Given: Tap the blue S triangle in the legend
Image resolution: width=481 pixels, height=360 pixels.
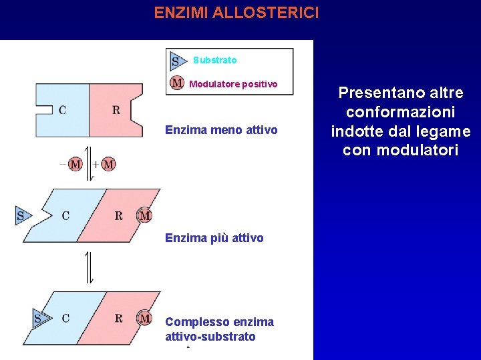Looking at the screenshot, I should click(177, 61).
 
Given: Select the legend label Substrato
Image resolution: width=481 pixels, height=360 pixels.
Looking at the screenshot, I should click(214, 60).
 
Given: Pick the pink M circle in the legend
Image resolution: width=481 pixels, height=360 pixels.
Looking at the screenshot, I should click(177, 83).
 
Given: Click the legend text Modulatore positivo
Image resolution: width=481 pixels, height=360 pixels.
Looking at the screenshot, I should click(233, 84).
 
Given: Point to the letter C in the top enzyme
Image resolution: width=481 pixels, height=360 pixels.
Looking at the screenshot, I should click(62, 110).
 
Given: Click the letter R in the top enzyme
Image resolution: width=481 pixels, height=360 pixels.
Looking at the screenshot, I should click(116, 110).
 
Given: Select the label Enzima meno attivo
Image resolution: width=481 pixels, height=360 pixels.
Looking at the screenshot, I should click(221, 129).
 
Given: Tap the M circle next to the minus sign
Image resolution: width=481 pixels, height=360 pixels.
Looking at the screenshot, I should click(75, 164).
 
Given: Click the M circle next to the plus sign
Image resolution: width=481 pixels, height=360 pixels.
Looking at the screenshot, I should click(108, 164).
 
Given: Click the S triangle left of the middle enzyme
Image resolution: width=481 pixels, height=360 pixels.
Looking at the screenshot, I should click(23, 215).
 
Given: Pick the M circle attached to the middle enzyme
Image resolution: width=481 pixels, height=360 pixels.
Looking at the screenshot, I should click(144, 215).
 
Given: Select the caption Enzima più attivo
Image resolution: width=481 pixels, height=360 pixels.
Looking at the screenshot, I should click(214, 238).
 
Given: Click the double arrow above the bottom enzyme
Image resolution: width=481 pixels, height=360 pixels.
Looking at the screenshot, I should click(89, 267).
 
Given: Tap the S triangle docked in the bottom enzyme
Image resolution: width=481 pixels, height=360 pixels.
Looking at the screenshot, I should click(40, 319).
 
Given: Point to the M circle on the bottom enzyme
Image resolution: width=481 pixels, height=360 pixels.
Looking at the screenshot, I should click(144, 319).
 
